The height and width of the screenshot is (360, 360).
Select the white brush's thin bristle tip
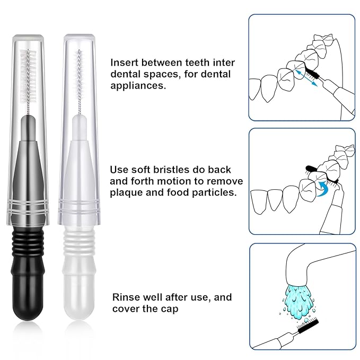pos(80,80)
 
